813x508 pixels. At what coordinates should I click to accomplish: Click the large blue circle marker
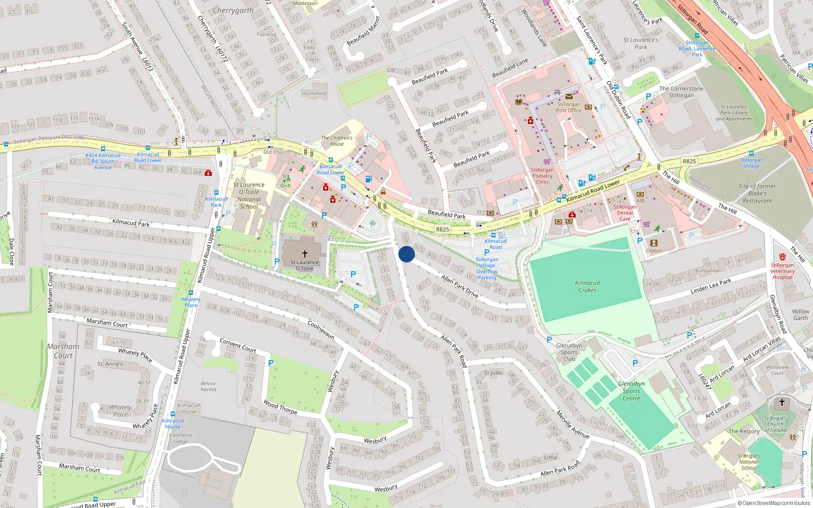click(x=407, y=254)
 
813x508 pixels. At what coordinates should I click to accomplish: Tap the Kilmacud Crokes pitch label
click(x=587, y=287)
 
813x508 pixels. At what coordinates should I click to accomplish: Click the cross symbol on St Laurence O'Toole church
click(x=305, y=253)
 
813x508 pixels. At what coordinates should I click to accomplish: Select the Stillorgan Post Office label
click(x=569, y=107)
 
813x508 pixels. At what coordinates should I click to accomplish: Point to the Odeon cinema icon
click(x=654, y=243)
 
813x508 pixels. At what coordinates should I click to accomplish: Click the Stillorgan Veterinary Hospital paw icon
click(x=782, y=257)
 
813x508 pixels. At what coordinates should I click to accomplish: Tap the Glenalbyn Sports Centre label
click(x=631, y=391)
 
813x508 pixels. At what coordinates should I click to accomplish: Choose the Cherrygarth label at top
click(x=233, y=10)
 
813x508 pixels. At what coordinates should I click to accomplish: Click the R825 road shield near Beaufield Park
click(x=443, y=229)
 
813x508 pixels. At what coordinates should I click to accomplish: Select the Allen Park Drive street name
click(x=459, y=286)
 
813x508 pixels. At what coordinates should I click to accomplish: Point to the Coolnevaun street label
click(x=321, y=329)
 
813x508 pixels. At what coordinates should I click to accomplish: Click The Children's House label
click(x=336, y=141)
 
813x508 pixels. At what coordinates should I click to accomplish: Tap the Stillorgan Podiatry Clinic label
click(x=542, y=176)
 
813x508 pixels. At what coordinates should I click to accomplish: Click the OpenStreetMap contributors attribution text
click(x=773, y=503)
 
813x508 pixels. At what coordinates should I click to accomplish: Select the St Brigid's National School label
click(x=748, y=462)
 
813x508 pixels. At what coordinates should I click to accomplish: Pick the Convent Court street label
click(x=238, y=345)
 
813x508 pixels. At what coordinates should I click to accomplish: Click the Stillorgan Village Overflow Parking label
click(x=487, y=268)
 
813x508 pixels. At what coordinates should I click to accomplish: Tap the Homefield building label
click(x=314, y=93)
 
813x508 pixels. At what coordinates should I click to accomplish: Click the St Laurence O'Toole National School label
click(x=248, y=196)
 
